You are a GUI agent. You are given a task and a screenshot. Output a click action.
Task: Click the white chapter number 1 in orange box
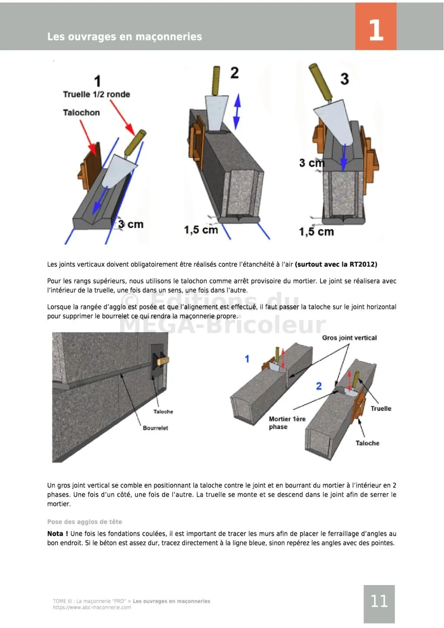375,30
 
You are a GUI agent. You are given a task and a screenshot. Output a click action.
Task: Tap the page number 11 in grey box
379,601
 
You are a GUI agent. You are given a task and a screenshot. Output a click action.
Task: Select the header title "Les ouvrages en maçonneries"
124,37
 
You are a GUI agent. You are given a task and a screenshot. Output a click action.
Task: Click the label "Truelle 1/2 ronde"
96,95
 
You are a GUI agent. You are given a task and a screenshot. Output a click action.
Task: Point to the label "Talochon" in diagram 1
81,113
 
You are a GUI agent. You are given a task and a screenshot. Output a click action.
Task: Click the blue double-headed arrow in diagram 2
237,111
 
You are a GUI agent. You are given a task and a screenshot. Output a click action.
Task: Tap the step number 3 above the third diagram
344,79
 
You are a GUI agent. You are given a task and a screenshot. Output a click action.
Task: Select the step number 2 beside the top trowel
234,72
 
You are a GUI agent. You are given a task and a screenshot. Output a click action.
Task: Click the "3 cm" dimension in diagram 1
131,224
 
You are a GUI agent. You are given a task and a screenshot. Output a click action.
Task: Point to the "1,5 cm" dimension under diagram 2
201,229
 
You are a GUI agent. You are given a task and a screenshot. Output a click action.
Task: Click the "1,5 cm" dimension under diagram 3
316,232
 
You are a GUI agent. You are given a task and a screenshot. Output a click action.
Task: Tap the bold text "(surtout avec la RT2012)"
336,265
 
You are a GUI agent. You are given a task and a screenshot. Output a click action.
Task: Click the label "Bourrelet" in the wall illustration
155,428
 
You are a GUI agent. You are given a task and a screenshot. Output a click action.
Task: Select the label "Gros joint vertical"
349,338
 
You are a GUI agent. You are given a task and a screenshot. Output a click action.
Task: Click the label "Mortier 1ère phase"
287,423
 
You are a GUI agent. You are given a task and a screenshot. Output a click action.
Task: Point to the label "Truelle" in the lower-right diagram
381,409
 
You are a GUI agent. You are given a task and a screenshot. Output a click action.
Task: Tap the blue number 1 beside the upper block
247,359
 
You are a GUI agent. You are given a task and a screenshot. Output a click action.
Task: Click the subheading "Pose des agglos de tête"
85,522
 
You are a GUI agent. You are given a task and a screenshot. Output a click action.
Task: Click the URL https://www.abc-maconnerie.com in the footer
92,608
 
